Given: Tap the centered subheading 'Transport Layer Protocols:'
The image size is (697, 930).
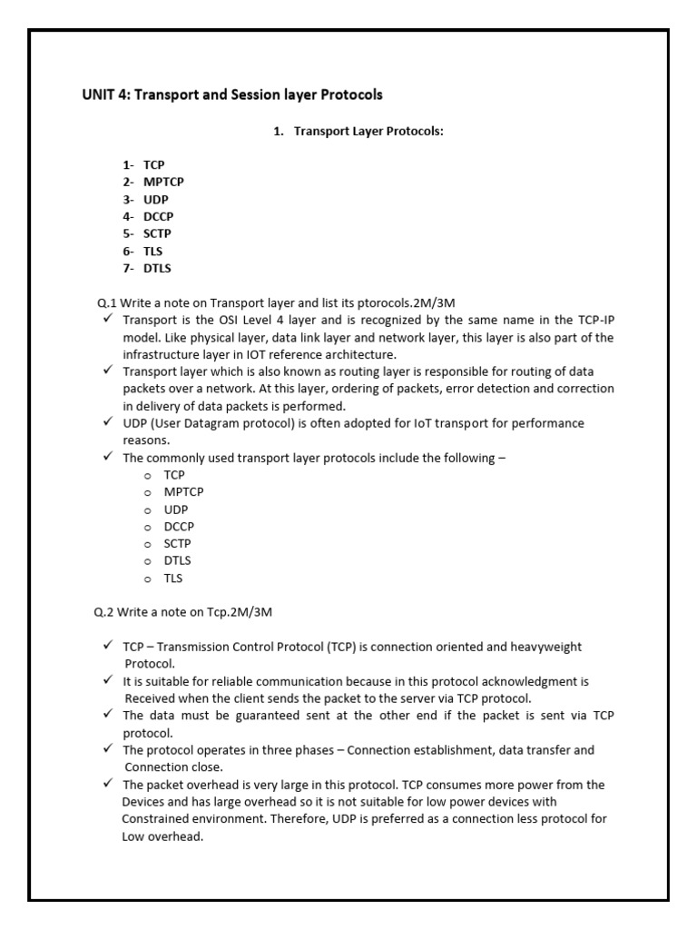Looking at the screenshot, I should [368, 132].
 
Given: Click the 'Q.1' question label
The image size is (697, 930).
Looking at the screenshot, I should [107, 302].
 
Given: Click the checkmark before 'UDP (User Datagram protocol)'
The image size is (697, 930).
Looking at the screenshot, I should [108, 422].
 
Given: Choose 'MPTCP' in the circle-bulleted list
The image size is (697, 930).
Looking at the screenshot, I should [184, 491].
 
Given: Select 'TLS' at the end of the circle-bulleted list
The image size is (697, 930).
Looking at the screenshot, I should [174, 578].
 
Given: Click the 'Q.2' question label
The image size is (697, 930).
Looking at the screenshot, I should [107, 612].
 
